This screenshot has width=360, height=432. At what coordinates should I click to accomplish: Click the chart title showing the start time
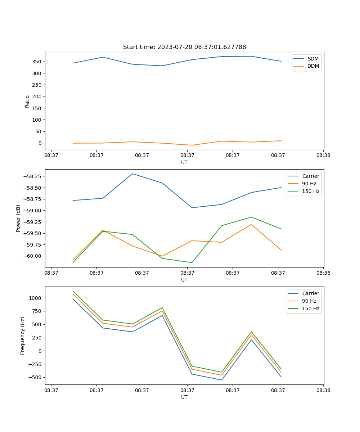click(184, 47)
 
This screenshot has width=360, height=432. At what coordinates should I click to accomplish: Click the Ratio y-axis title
click(27, 101)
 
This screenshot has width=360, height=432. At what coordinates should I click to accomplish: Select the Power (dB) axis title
click(18, 218)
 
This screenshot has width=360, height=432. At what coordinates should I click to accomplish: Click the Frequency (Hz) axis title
click(23, 336)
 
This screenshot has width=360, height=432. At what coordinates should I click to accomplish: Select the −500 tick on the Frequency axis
click(36, 377)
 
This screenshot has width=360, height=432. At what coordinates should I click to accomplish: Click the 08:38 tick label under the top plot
click(323, 156)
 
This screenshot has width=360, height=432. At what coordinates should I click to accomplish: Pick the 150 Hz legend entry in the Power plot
click(310, 191)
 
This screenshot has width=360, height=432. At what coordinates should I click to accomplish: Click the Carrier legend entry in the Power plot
click(310, 176)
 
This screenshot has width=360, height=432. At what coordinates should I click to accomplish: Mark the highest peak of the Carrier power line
click(132, 174)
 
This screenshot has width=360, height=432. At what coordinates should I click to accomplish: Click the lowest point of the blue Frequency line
click(221, 380)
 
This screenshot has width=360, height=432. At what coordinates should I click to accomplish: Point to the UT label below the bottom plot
click(184, 397)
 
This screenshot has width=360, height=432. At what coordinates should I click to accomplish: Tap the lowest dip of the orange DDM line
click(192, 145)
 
